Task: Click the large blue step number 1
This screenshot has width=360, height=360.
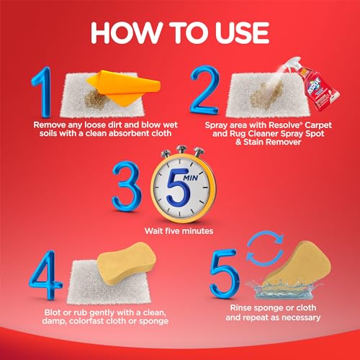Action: tap(43, 92)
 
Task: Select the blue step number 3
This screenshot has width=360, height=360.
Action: tap(127, 186)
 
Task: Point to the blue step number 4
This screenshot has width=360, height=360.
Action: tap(45, 275)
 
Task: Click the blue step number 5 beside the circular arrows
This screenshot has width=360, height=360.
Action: tap(225, 274)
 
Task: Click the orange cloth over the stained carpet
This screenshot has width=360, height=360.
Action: tap(125, 87)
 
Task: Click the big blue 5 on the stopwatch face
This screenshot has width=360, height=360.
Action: tap(179, 188)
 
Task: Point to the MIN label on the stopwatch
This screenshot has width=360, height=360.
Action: tap(191, 178)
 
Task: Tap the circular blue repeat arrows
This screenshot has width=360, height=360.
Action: tap(265, 248)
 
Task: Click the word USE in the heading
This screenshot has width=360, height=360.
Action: tap(242, 33)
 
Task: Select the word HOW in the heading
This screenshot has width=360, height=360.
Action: tap(123, 33)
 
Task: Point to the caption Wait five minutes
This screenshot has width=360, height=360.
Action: tap(179, 231)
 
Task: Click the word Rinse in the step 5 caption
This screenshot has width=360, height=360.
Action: tap(240, 307)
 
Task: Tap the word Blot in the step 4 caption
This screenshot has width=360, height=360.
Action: tap(53, 312)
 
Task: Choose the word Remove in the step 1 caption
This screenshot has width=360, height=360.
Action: tap(49, 125)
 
